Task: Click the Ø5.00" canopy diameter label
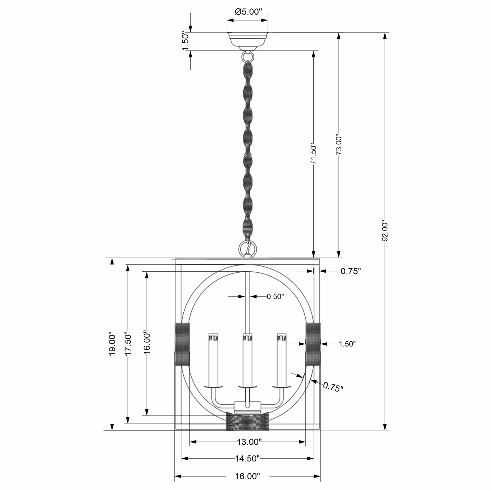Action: coord(248,12)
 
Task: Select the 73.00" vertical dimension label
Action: coord(339,144)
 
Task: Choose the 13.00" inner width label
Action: coord(249,442)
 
